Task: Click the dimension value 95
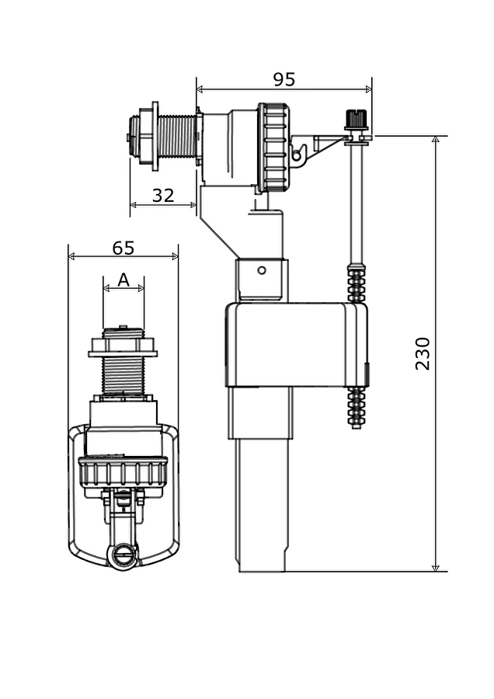(x=284, y=79)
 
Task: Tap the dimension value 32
(x=163, y=195)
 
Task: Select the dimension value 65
(x=123, y=248)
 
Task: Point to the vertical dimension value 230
(x=423, y=353)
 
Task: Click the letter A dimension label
(x=124, y=280)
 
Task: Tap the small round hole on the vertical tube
(x=263, y=270)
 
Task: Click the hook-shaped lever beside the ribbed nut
(x=300, y=153)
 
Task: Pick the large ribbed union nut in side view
(x=273, y=148)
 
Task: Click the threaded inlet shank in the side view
(x=177, y=136)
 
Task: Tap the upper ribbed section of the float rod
(x=357, y=282)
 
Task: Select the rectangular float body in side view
(x=296, y=346)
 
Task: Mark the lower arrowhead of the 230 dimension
(x=436, y=567)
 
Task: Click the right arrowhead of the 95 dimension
(x=368, y=89)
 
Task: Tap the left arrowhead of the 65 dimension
(x=71, y=256)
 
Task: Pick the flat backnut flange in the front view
(x=123, y=354)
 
